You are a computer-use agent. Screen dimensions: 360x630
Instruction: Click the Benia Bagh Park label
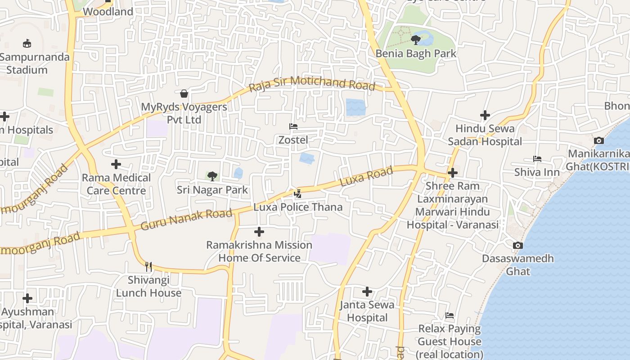click(416, 54)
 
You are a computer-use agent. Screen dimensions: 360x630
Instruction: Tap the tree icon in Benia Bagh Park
click(416, 40)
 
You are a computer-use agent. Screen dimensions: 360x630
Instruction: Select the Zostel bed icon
click(293, 126)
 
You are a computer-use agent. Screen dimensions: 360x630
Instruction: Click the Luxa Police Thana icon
click(297, 193)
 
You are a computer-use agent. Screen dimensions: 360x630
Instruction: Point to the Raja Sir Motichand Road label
click(312, 84)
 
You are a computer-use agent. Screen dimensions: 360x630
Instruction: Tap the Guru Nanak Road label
click(186, 219)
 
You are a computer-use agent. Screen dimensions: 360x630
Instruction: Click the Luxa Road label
click(366, 176)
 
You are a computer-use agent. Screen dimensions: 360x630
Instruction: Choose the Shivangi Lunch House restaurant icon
click(148, 267)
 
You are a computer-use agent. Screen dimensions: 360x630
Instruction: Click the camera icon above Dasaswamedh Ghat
click(518, 245)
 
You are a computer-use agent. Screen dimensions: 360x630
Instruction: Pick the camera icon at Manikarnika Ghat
click(598, 140)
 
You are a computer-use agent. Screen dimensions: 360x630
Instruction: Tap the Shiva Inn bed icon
click(537, 159)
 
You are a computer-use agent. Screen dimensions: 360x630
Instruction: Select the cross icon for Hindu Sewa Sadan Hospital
click(485, 115)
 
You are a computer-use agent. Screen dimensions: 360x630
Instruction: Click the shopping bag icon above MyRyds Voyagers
click(184, 94)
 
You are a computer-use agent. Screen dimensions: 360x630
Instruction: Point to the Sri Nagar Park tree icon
click(212, 176)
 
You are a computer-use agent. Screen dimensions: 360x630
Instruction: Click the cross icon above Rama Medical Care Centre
click(116, 164)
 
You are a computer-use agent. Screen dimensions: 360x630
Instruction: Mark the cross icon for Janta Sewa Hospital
click(367, 292)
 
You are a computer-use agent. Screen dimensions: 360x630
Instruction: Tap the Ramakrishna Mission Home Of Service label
click(259, 251)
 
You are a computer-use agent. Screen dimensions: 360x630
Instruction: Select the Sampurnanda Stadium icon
click(27, 43)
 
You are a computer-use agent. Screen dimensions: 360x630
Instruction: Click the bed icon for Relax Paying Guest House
click(449, 315)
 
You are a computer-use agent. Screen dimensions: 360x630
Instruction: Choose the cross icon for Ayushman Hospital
click(27, 298)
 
